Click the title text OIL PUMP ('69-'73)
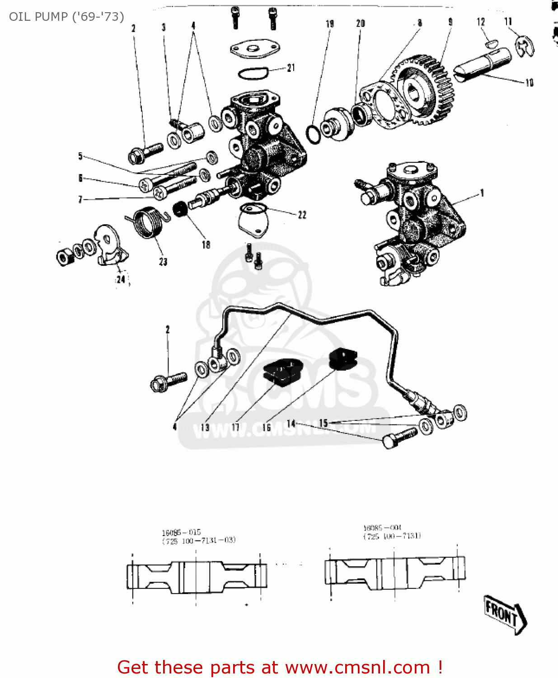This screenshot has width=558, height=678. point(66,17)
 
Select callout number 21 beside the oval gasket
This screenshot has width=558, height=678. point(291,68)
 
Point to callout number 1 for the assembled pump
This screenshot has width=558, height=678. point(482,193)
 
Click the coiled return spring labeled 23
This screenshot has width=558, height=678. point(148,221)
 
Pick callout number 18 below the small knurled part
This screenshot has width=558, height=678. point(206,245)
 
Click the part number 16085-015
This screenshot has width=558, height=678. point(181,532)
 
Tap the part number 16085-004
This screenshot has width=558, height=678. point(382,527)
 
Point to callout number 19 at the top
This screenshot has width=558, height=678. point(330,24)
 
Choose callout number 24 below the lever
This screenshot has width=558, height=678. point(121,279)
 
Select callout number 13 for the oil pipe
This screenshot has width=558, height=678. point(205,427)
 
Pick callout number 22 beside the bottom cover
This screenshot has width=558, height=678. point(302,215)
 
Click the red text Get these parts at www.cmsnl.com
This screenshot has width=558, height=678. point(280,668)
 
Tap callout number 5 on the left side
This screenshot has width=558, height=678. point(80,156)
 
